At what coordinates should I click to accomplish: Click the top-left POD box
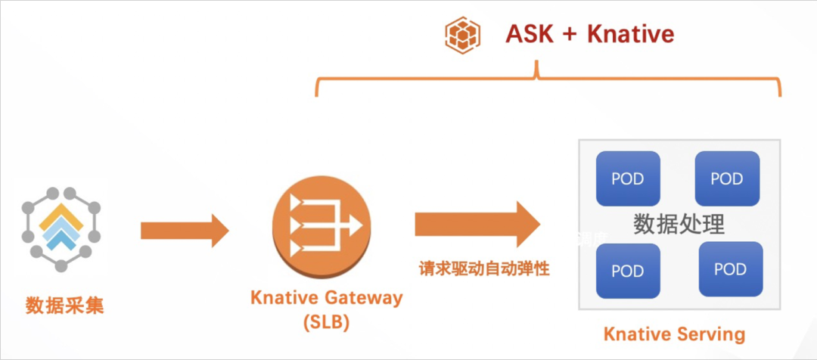[x=628, y=179]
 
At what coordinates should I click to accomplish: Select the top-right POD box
[x=727, y=179]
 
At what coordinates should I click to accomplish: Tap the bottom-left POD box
[x=628, y=271]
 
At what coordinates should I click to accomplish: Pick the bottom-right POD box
[x=730, y=269]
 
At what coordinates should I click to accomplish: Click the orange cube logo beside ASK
[x=461, y=35]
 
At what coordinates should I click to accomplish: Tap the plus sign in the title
[x=569, y=35]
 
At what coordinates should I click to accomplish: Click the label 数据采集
[x=64, y=306]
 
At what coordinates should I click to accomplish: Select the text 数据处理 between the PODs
[x=679, y=225]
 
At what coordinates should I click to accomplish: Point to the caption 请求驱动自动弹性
[x=484, y=268]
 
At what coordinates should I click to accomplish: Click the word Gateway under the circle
[x=363, y=298]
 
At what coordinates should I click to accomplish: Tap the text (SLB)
[x=326, y=321]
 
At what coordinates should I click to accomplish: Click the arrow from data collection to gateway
[x=185, y=230]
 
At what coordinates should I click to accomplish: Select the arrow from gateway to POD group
[x=477, y=224]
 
